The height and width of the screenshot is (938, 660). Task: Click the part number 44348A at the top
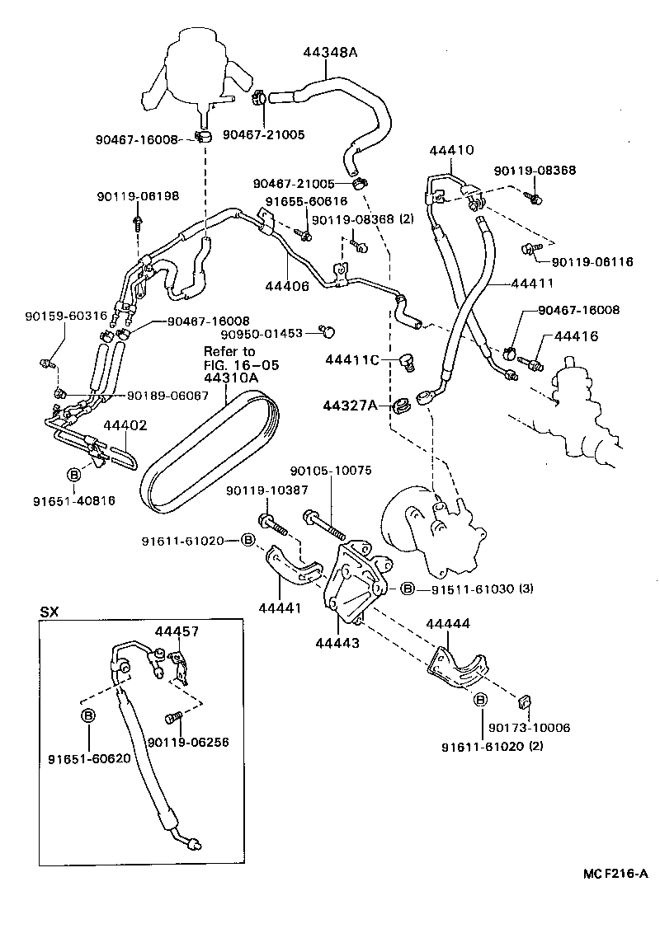point(329,51)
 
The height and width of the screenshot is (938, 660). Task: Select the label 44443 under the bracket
point(337,644)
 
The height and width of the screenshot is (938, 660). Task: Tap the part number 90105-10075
point(331,471)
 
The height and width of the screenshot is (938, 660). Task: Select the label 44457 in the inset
point(177,631)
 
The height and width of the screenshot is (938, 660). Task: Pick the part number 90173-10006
point(528,729)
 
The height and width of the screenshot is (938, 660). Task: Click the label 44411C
point(352,360)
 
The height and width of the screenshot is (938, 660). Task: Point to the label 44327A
point(351,405)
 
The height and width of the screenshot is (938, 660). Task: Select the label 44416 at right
point(577,337)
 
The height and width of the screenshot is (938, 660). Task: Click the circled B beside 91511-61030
point(407,589)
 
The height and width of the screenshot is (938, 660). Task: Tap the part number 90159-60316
point(54,316)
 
